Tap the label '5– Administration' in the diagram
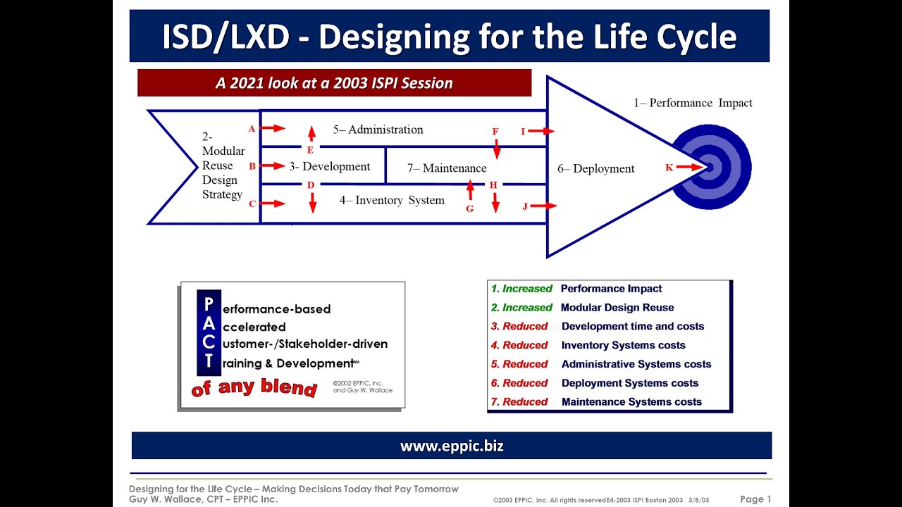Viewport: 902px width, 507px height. click(x=378, y=130)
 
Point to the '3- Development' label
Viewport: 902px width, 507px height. click(x=329, y=167)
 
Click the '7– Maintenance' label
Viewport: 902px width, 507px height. click(x=447, y=168)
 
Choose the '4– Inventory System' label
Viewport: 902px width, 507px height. click(x=392, y=201)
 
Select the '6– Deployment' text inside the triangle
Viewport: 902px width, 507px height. click(x=595, y=169)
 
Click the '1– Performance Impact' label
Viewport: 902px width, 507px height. click(x=692, y=103)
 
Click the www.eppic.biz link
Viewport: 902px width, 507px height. click(x=452, y=446)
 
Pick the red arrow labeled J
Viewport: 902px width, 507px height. click(x=544, y=206)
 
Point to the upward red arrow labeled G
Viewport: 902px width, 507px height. click(x=470, y=189)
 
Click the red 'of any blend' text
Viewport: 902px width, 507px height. click(x=254, y=387)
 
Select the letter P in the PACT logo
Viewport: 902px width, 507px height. click(x=208, y=304)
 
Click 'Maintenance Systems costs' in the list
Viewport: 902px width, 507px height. click(x=631, y=402)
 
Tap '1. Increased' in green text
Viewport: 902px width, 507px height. click(x=521, y=289)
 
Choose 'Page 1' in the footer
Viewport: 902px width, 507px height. click(x=755, y=499)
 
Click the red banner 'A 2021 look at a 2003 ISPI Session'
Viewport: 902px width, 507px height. click(x=334, y=83)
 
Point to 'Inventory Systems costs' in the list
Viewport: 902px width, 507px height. click(x=623, y=345)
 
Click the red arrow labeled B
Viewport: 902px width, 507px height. click(x=273, y=166)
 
